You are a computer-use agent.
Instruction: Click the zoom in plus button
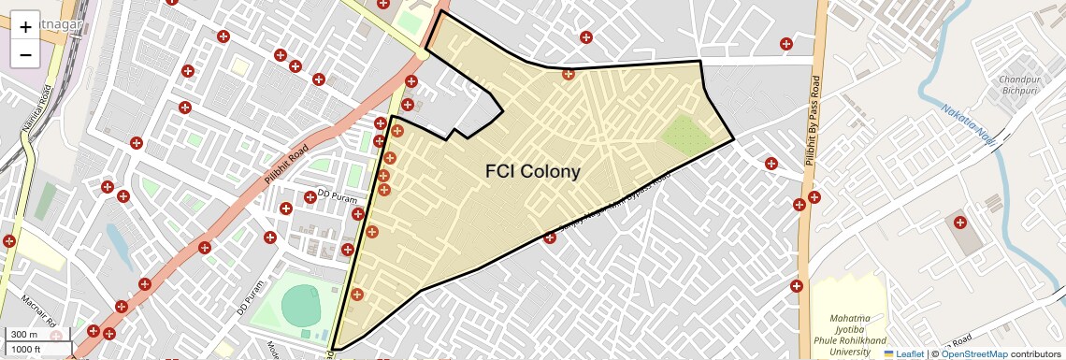coord(25,26)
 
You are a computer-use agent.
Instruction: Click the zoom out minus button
coord(25,54)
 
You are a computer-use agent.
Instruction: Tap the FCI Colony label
coord(532,172)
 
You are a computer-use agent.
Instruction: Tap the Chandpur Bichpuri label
coord(1019,85)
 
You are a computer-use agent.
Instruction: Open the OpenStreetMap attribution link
coord(973,353)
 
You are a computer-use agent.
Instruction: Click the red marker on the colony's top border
coord(568,74)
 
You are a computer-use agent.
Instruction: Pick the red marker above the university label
coord(797,286)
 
